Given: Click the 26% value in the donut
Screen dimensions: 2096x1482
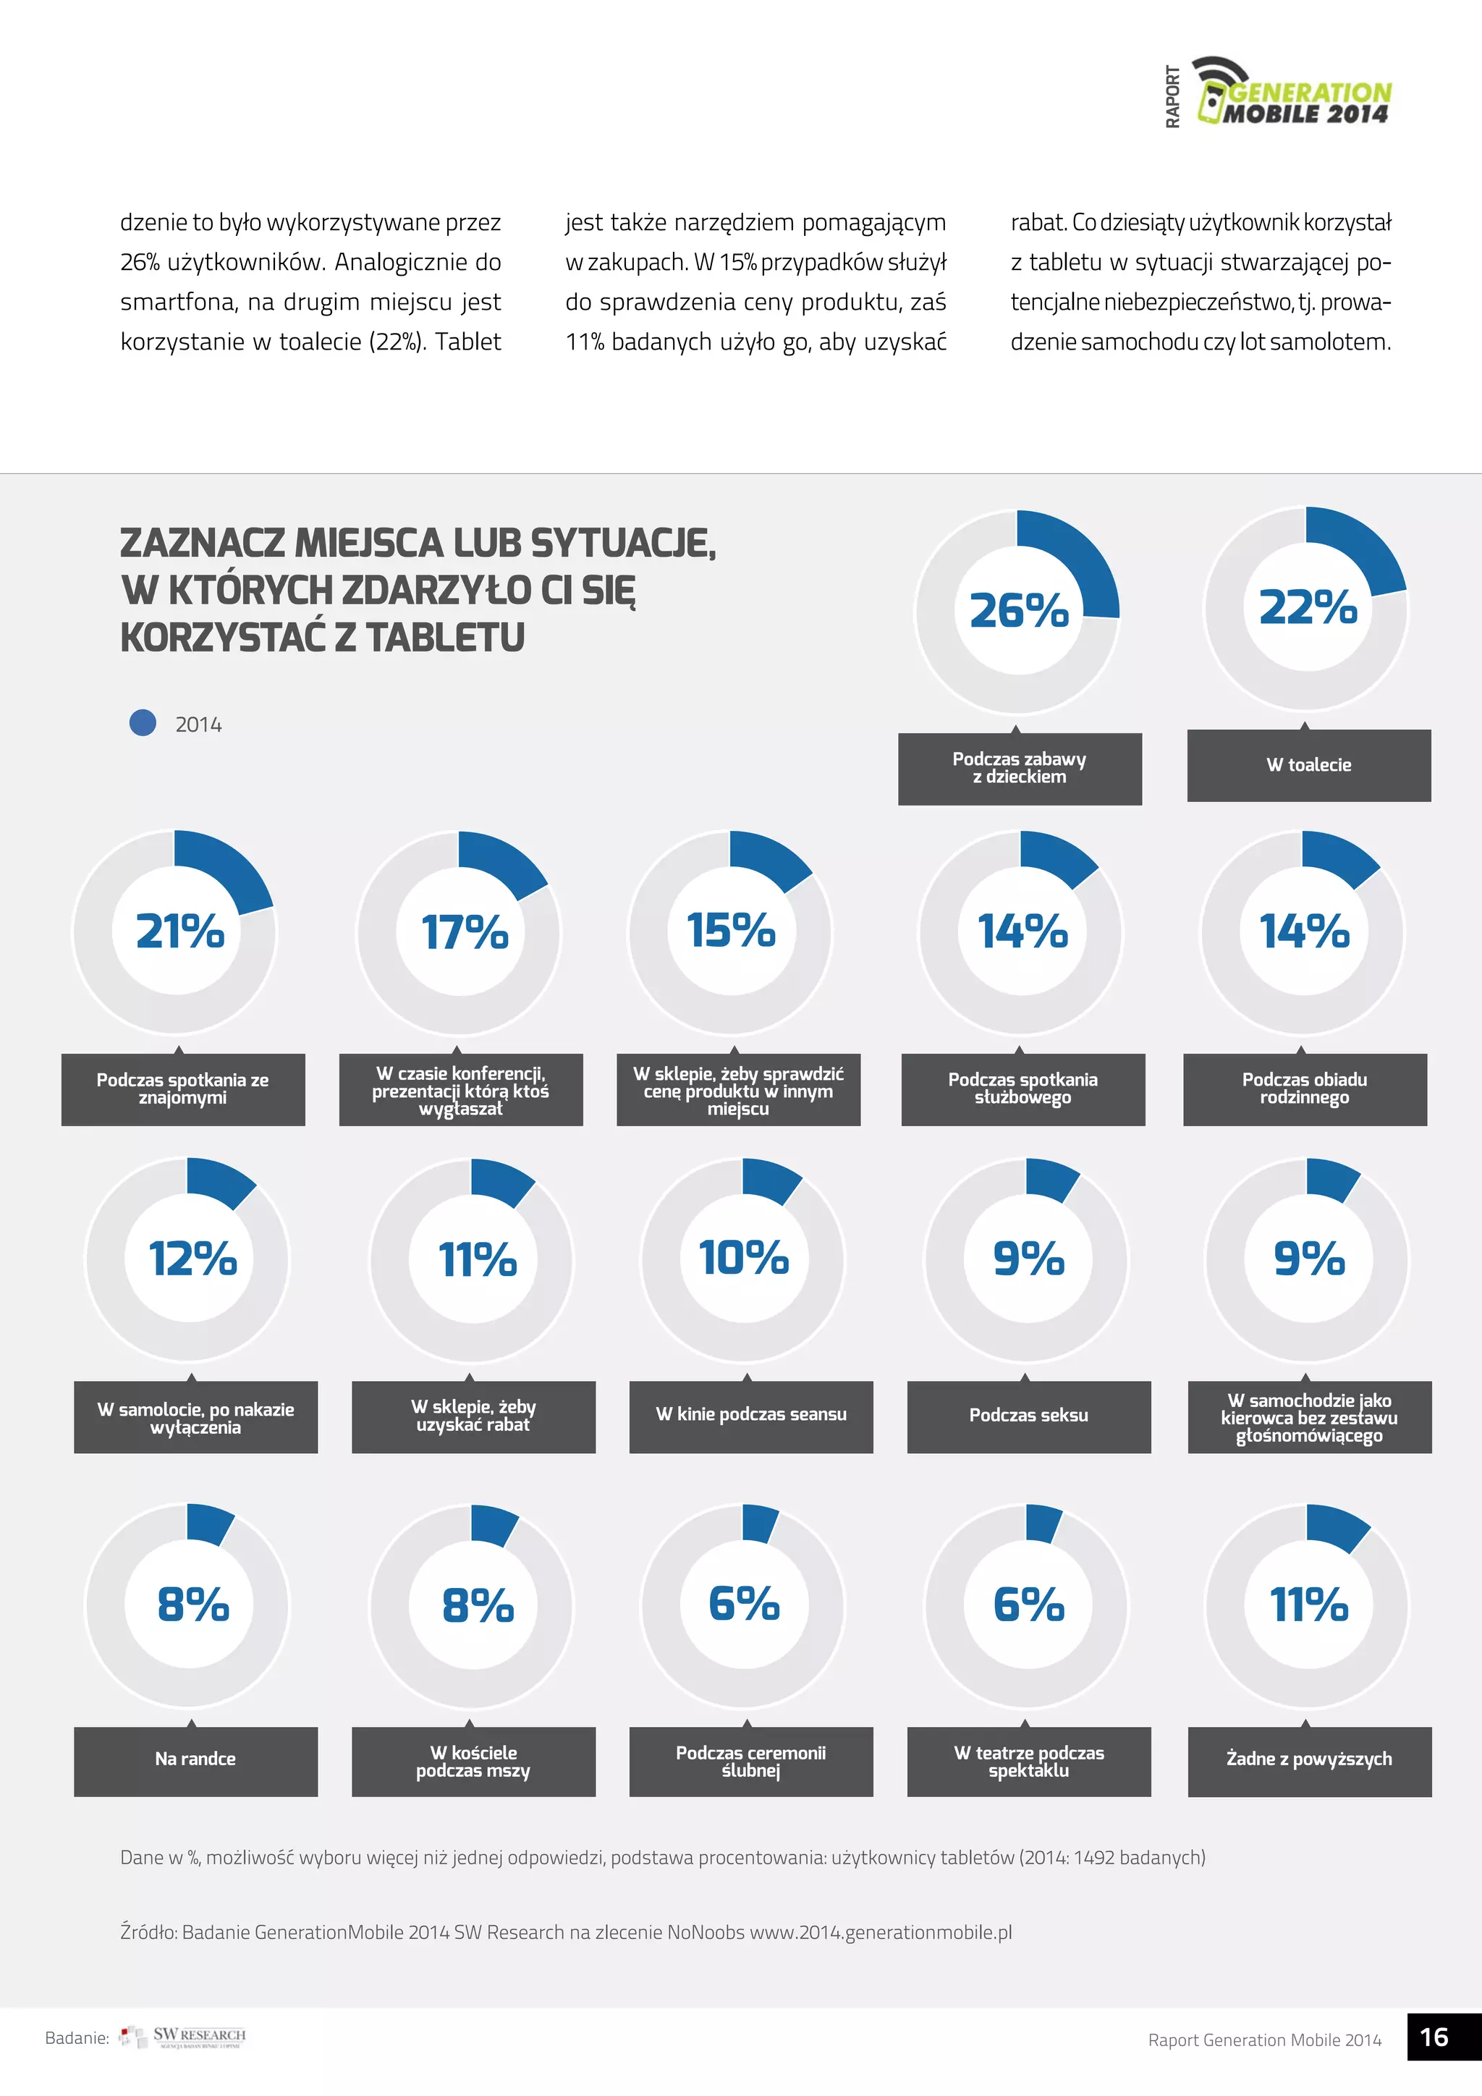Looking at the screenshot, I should [1018, 610].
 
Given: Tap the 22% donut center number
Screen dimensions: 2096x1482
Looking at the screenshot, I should [1308, 607].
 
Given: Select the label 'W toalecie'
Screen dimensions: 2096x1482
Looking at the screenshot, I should [1308, 765].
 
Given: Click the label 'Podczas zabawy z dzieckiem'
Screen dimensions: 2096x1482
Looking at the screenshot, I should [1020, 768].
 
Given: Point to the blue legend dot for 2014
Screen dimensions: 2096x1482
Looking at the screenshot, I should [143, 723].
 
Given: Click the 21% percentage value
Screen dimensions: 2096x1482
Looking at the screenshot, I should [179, 931].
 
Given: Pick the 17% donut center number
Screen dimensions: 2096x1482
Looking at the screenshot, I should [465, 932].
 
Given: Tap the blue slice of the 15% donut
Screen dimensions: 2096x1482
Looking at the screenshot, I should [768, 860].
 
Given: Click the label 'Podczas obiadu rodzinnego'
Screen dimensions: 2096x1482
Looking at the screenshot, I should [1304, 1088].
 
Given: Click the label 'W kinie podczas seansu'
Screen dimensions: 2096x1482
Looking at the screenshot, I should [750, 1414].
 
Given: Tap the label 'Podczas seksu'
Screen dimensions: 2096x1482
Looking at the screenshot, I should [1028, 1415].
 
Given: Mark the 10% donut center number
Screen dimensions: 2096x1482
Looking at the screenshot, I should [743, 1257].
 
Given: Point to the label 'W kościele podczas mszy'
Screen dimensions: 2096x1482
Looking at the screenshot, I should [473, 1761].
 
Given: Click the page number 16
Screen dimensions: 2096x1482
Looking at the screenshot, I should [1434, 2037].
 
